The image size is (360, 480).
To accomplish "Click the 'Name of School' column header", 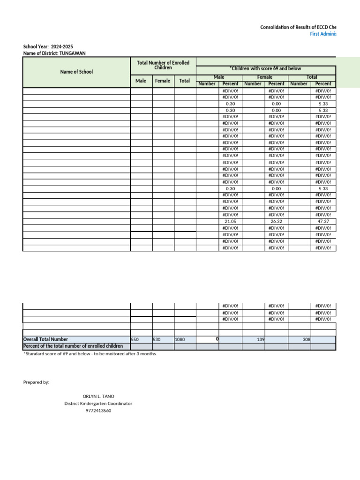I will coord(76,72).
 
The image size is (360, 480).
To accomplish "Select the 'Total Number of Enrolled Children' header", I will coord(163,65).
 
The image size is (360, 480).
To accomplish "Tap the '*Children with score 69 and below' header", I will coord(265,68).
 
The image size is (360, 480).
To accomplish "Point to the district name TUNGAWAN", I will coord(73,53).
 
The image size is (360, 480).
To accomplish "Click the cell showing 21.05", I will coord(230,221).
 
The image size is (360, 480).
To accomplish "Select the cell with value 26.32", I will coord(276,221).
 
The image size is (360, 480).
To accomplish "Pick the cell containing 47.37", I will coord(323,221).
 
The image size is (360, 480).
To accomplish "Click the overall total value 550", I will coord(135,339).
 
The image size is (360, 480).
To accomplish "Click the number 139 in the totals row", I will coord(261,339).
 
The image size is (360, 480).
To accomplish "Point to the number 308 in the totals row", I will coord(307,339).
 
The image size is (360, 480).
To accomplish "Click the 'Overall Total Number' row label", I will coord(45,339).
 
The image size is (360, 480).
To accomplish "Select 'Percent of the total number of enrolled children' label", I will coord(70,346).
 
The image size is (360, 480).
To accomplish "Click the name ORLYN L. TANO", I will coord(98,397).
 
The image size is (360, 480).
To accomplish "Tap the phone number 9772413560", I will coord(98,411).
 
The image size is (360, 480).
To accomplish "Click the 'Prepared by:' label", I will coord(36,382).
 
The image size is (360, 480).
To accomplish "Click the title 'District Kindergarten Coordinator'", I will coord(98,404).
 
